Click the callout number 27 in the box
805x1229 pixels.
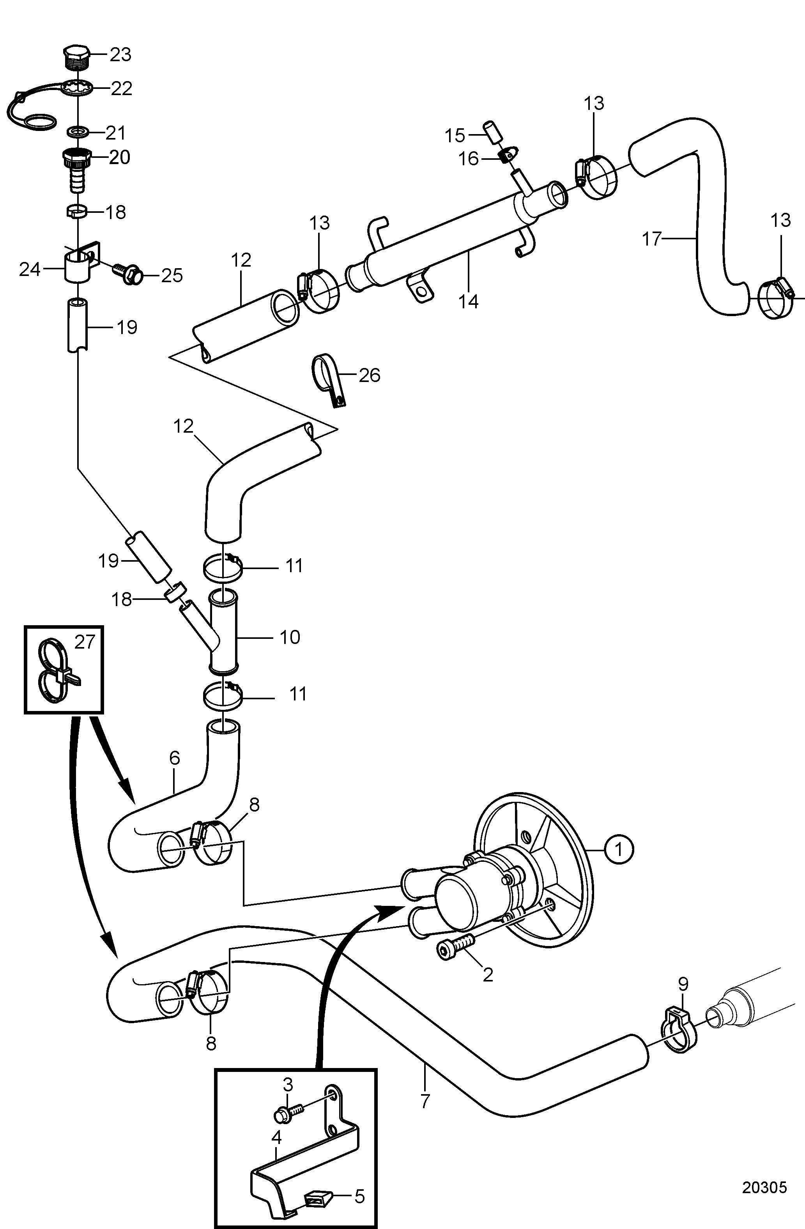(x=85, y=642)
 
